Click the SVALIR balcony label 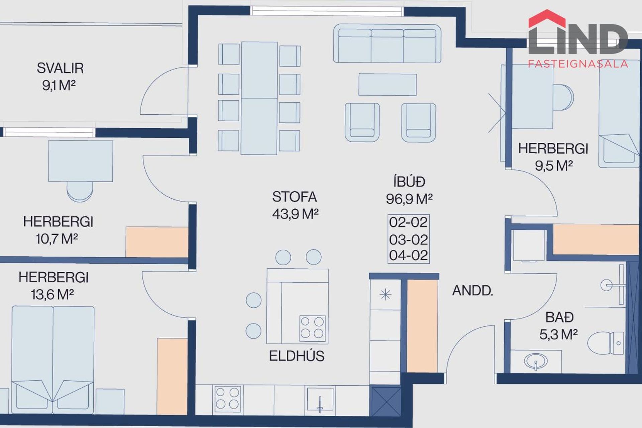tap(60, 68)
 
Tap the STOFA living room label tap(294, 197)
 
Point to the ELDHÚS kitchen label tap(297, 356)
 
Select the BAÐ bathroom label tap(559, 317)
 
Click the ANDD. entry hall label tap(472, 291)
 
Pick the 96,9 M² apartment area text tap(409, 199)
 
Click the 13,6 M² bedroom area tap(52, 295)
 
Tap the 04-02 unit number tap(408, 255)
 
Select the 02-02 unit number tap(408, 222)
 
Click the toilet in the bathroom tap(606, 343)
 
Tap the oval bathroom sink tap(536, 361)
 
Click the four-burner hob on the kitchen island tap(312, 328)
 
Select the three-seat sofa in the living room tap(387, 43)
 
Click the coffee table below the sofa tap(388, 85)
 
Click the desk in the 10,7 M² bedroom tap(81, 161)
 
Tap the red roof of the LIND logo tap(547, 18)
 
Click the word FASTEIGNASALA tap(578, 64)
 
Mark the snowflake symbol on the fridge tap(386, 295)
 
